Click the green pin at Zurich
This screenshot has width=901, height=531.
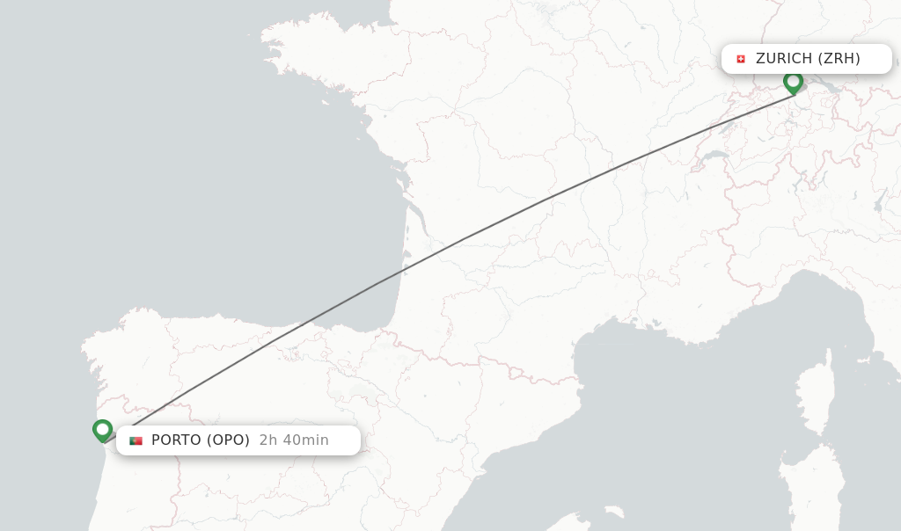pyautogui.click(x=793, y=83)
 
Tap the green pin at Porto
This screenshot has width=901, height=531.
pyautogui.click(x=103, y=430)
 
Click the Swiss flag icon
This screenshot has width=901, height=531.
pyautogui.click(x=740, y=59)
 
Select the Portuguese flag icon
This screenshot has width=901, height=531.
pyautogui.click(x=136, y=440)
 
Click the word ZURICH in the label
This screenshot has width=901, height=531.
pyautogui.click(x=784, y=59)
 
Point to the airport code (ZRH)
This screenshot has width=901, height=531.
pyautogui.click(x=839, y=59)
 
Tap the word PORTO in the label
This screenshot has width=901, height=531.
pyautogui.click(x=177, y=440)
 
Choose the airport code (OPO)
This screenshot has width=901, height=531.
pyautogui.click(x=229, y=440)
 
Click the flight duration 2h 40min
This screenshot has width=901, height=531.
pyautogui.click(x=294, y=440)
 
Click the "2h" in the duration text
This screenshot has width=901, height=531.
pyautogui.click(x=267, y=440)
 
